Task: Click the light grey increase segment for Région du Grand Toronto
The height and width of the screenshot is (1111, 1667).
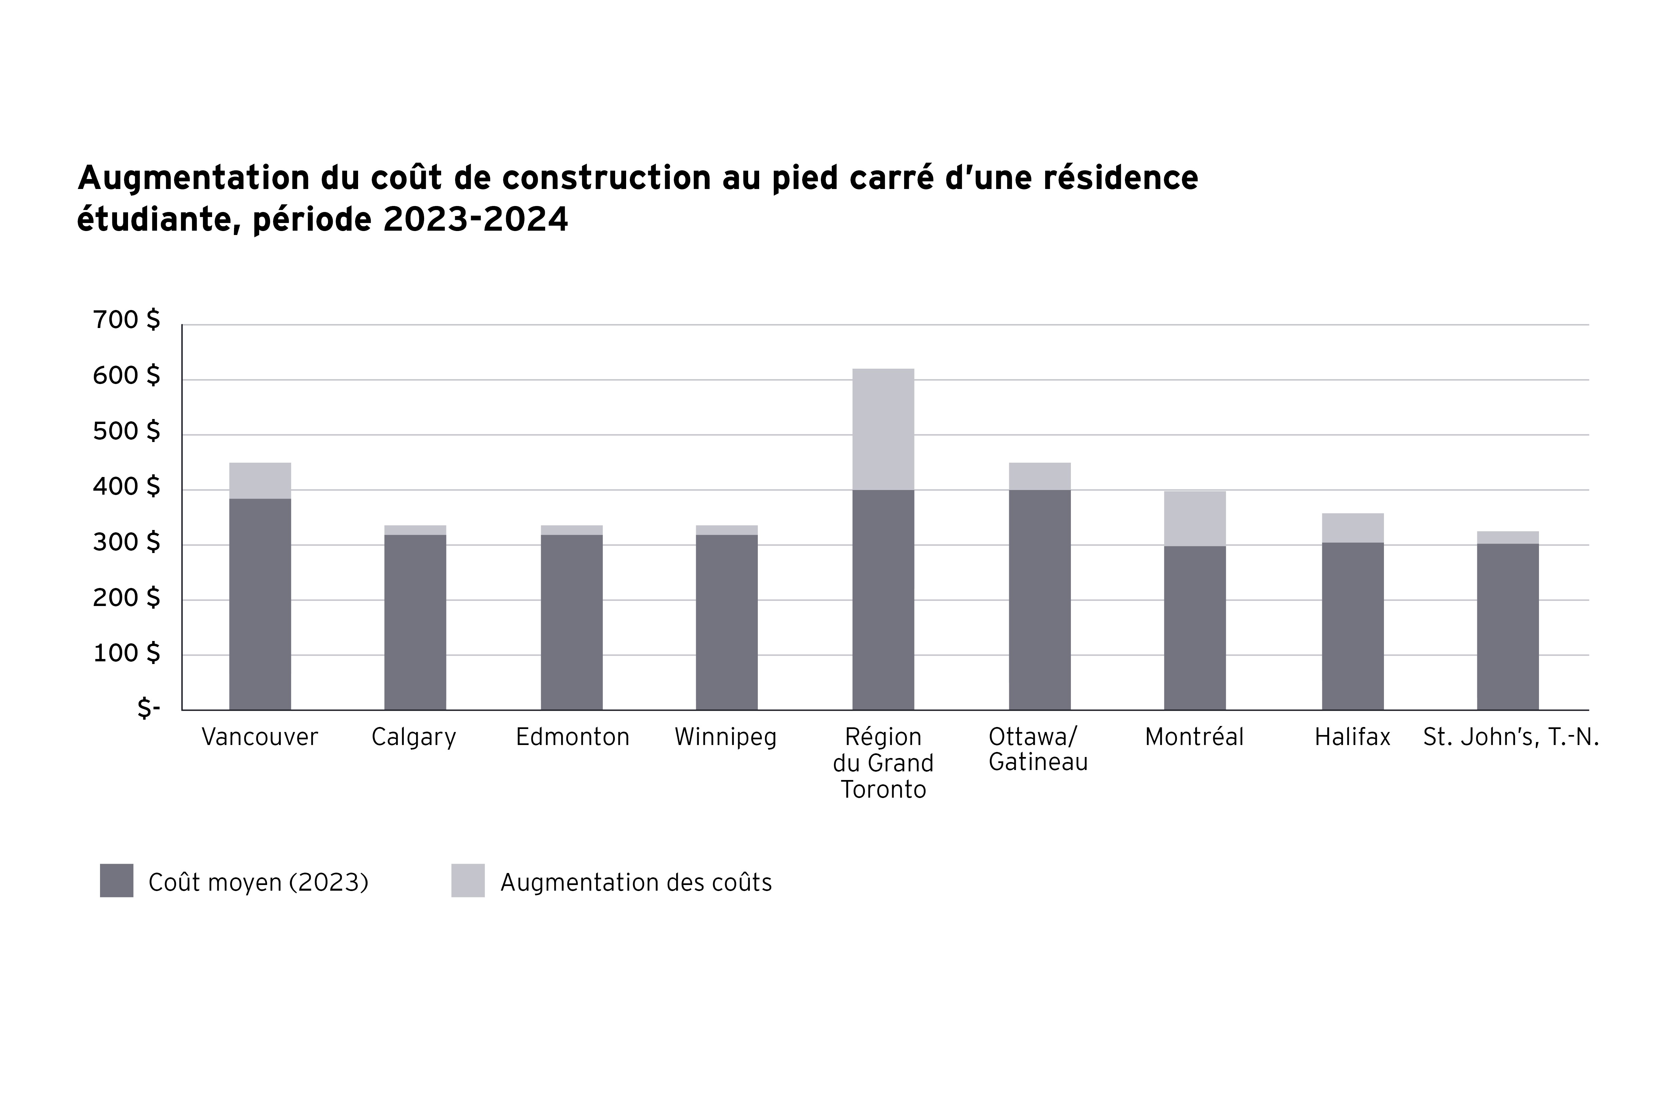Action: [883, 429]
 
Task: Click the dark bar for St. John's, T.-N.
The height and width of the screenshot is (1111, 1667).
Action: [1508, 626]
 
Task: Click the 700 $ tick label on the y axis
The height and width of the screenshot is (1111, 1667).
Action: [126, 320]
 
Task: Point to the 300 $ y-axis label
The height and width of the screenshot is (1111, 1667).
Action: [126, 543]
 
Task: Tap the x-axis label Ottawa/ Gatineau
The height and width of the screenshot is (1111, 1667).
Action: [1038, 750]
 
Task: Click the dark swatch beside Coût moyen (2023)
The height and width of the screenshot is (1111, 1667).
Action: [116, 881]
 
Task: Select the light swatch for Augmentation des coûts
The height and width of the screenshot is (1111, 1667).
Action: [468, 881]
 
